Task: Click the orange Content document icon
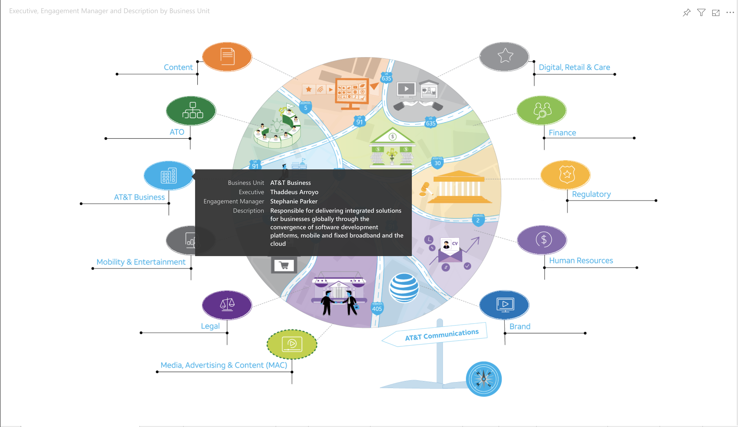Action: pyautogui.click(x=227, y=57)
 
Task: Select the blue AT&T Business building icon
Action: pyautogui.click(x=169, y=176)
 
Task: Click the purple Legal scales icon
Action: pyautogui.click(x=227, y=305)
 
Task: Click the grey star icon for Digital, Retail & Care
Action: pyautogui.click(x=504, y=56)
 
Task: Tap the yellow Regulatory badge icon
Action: pyautogui.click(x=566, y=175)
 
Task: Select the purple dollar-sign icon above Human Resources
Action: pyautogui.click(x=542, y=240)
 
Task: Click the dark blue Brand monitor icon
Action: pyautogui.click(x=504, y=305)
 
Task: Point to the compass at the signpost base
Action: pyautogui.click(x=484, y=379)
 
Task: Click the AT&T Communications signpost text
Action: pyautogui.click(x=442, y=334)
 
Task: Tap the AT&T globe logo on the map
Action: pyautogui.click(x=404, y=288)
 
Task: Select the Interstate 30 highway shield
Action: pyautogui.click(x=437, y=163)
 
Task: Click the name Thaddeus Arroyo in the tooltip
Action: pyautogui.click(x=294, y=192)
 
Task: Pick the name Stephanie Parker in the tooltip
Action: pyautogui.click(x=294, y=201)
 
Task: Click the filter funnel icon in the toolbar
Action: pyautogui.click(x=701, y=13)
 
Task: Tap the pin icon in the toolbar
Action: pyautogui.click(x=686, y=13)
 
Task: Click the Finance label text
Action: pyautogui.click(x=562, y=133)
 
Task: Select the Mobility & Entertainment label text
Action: pyautogui.click(x=141, y=262)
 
